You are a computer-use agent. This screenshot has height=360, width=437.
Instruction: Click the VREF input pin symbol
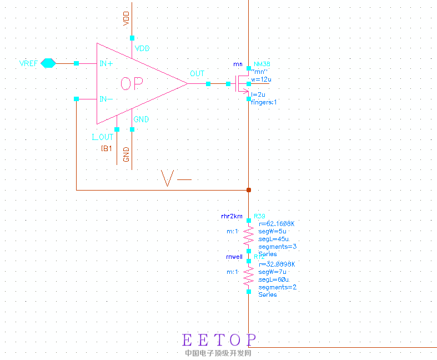pyautogui.click(x=49, y=63)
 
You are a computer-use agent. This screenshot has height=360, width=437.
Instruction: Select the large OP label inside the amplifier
pyautogui.click(x=132, y=84)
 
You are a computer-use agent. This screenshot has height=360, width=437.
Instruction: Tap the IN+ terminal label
pyautogui.click(x=106, y=64)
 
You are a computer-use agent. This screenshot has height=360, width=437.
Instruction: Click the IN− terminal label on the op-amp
pyautogui.click(x=106, y=99)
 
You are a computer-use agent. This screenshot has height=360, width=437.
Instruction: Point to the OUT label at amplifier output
pyautogui.click(x=197, y=74)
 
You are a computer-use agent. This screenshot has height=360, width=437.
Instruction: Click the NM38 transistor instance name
pyautogui.click(x=262, y=64)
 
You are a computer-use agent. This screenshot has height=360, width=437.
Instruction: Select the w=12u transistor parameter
pyautogui.click(x=261, y=79)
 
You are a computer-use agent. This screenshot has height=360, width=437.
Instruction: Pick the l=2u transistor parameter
pyautogui.click(x=259, y=95)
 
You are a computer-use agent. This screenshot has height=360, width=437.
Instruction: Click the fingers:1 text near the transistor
pyautogui.click(x=264, y=102)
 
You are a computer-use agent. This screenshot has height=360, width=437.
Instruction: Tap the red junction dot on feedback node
pyautogui.click(x=249, y=190)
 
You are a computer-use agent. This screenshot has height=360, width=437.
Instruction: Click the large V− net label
pyautogui.click(x=175, y=179)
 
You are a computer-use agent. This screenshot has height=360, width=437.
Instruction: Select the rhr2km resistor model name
pyautogui.click(x=232, y=216)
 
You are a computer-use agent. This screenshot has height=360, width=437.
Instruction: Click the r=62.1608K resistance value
pyautogui.click(x=277, y=223)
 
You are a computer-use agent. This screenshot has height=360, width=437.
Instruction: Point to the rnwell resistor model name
pyautogui.click(x=233, y=257)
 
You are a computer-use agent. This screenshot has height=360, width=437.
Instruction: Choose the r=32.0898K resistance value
pyautogui.click(x=277, y=264)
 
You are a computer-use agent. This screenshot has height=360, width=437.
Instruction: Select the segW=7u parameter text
pyautogui.click(x=273, y=272)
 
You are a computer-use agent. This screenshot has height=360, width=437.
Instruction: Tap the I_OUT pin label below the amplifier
pyautogui.click(x=103, y=137)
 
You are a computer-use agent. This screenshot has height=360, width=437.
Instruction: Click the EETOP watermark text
pyautogui.click(x=219, y=339)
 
